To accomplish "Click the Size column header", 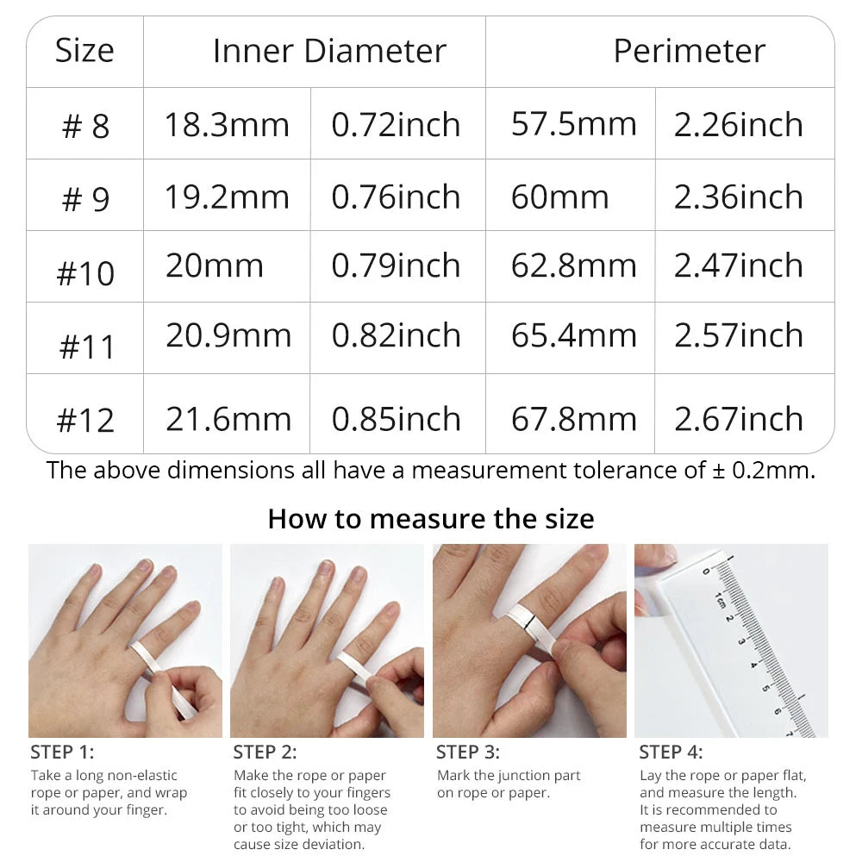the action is (84, 51).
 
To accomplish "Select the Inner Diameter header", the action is (329, 51).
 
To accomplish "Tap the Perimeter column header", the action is (690, 51).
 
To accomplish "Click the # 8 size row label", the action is (85, 126).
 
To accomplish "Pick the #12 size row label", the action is (85, 420).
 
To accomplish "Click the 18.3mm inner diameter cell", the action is (227, 124).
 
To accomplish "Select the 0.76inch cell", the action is (396, 197).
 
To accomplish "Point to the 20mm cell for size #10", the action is (215, 265).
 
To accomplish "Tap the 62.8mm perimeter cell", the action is (574, 265).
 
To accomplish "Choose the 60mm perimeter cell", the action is (559, 197).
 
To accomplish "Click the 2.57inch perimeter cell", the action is (739, 335).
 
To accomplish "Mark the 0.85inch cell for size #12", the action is (396, 419).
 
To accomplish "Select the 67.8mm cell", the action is (574, 419).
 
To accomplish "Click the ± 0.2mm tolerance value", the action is (763, 471).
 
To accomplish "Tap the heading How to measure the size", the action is (431, 518).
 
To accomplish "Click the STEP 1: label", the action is (62, 752).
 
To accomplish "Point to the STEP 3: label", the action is (468, 752).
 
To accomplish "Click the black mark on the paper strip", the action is (528, 622).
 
